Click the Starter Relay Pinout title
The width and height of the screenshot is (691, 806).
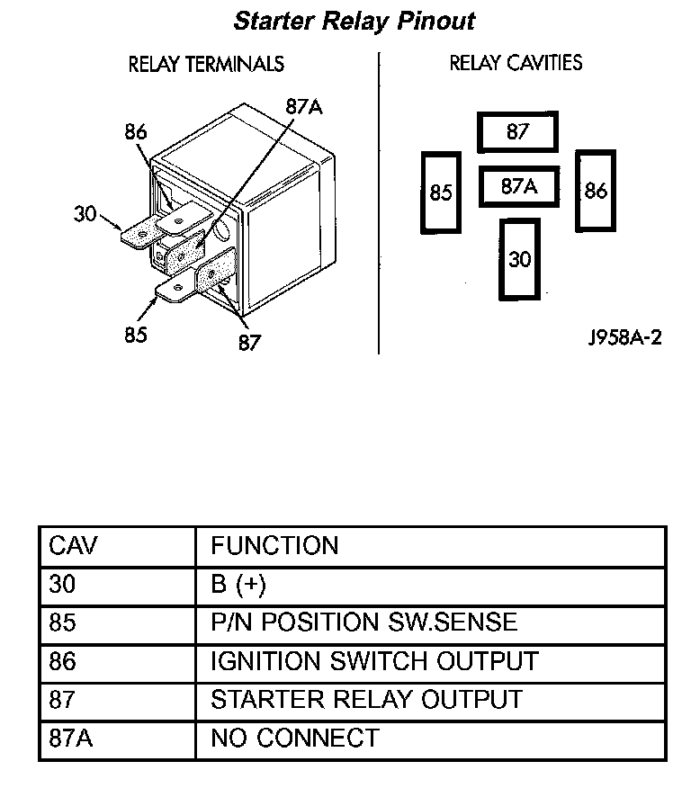[354, 21]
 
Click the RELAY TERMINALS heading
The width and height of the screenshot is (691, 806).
[206, 64]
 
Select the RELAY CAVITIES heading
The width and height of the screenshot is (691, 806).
[516, 63]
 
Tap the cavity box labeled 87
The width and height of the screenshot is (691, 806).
[517, 132]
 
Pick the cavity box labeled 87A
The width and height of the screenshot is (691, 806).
[518, 187]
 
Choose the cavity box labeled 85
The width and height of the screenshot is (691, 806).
[441, 193]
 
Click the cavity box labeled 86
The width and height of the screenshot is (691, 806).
[596, 191]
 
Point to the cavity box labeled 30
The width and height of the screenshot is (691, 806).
[520, 260]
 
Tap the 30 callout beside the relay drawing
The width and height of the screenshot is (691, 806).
[85, 213]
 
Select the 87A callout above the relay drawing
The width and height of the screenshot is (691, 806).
[303, 106]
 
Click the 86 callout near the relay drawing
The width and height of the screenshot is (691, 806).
[136, 132]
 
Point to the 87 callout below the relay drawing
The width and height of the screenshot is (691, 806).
[249, 342]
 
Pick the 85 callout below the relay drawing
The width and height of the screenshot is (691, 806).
[137, 335]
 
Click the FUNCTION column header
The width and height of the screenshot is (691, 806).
[274, 546]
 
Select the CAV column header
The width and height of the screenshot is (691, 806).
[73, 546]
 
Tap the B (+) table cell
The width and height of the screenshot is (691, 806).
[238, 585]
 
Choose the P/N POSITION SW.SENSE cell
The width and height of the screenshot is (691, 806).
[363, 622]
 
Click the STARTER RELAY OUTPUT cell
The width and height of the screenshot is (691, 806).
[365, 699]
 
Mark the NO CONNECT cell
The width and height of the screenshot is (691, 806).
[294, 739]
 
